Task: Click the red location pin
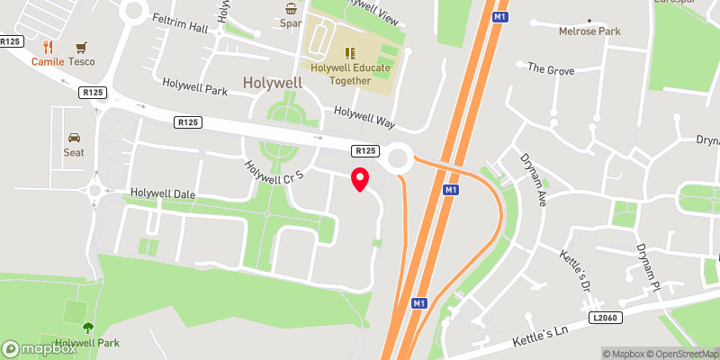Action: click(359, 178)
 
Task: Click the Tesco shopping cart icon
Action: click(82, 47)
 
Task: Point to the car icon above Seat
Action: click(74, 138)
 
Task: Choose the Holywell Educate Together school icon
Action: click(351, 52)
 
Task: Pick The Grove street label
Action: click(549, 68)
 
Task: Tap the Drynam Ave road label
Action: click(534, 175)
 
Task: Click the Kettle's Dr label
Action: click(577, 267)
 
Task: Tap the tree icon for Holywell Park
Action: click(87, 328)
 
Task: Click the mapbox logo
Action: click(40, 348)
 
